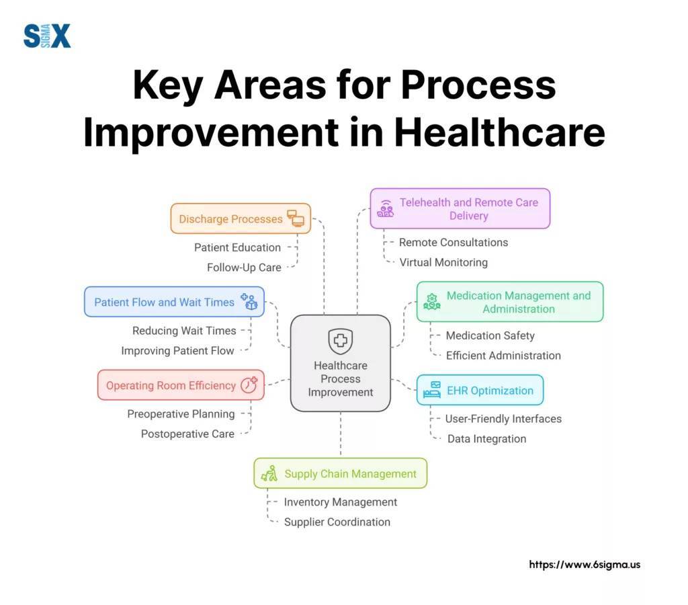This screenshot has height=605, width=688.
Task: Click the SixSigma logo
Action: click(46, 36)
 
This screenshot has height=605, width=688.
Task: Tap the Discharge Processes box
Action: click(241, 218)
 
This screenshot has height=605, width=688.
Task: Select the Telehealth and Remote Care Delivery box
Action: click(460, 208)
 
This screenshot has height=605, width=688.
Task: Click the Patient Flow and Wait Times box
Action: click(174, 302)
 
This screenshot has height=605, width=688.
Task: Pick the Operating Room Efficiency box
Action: click(181, 385)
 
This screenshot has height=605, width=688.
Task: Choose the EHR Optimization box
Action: click(480, 390)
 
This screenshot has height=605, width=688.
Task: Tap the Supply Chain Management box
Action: click(341, 473)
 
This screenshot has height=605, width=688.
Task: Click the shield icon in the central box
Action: click(341, 341)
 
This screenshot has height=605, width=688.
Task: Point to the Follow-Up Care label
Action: click(244, 268)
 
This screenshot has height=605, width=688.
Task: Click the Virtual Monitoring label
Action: click(443, 262)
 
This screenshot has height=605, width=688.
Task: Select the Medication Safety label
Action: click(490, 335)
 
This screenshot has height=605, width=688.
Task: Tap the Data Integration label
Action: click(486, 438)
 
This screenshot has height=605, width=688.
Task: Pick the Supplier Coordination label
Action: click(337, 522)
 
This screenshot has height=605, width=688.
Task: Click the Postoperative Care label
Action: click(187, 434)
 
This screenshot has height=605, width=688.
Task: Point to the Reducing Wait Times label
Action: click(184, 331)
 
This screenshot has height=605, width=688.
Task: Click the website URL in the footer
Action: click(585, 565)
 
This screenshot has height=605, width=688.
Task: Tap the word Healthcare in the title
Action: click(499, 132)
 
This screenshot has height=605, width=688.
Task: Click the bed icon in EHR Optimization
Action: click(432, 390)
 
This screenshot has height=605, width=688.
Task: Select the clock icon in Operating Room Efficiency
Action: click(249, 385)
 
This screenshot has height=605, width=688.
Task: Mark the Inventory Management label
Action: click(340, 502)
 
